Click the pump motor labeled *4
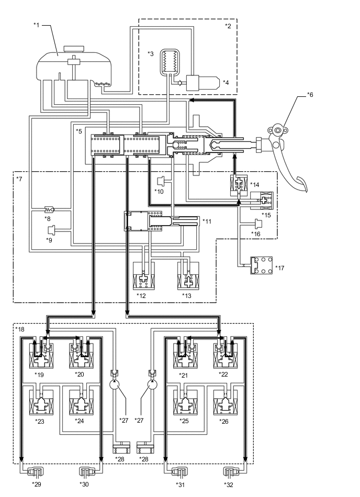[202, 83]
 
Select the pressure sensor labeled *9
[51, 229]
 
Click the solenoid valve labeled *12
[144, 275]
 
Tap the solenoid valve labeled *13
[187, 275]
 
